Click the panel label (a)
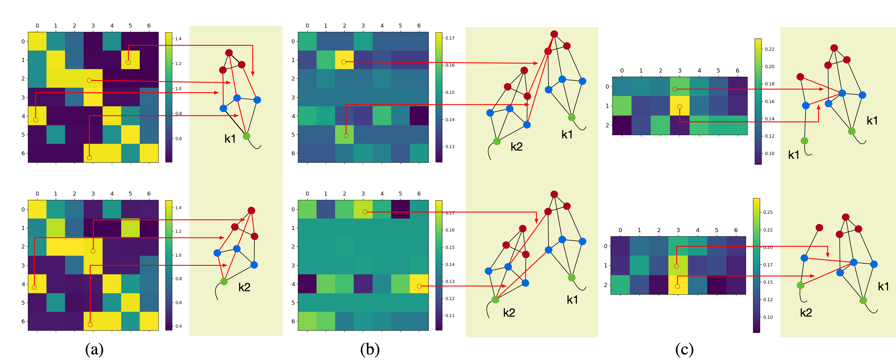[x=94, y=349]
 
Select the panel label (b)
[x=370, y=349]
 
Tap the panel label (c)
[x=684, y=349]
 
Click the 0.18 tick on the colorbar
[x=769, y=84]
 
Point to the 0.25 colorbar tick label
[x=768, y=212]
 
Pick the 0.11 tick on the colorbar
[x=450, y=316]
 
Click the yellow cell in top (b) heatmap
[x=344, y=60]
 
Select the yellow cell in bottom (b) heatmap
[x=419, y=284]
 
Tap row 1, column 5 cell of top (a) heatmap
[x=130, y=60]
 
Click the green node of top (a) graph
[x=246, y=136]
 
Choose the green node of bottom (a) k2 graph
[x=224, y=281]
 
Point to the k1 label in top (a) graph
[x=230, y=139]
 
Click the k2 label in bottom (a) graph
[x=244, y=287]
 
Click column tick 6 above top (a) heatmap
[x=149, y=26]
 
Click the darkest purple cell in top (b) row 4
[x=419, y=116]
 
